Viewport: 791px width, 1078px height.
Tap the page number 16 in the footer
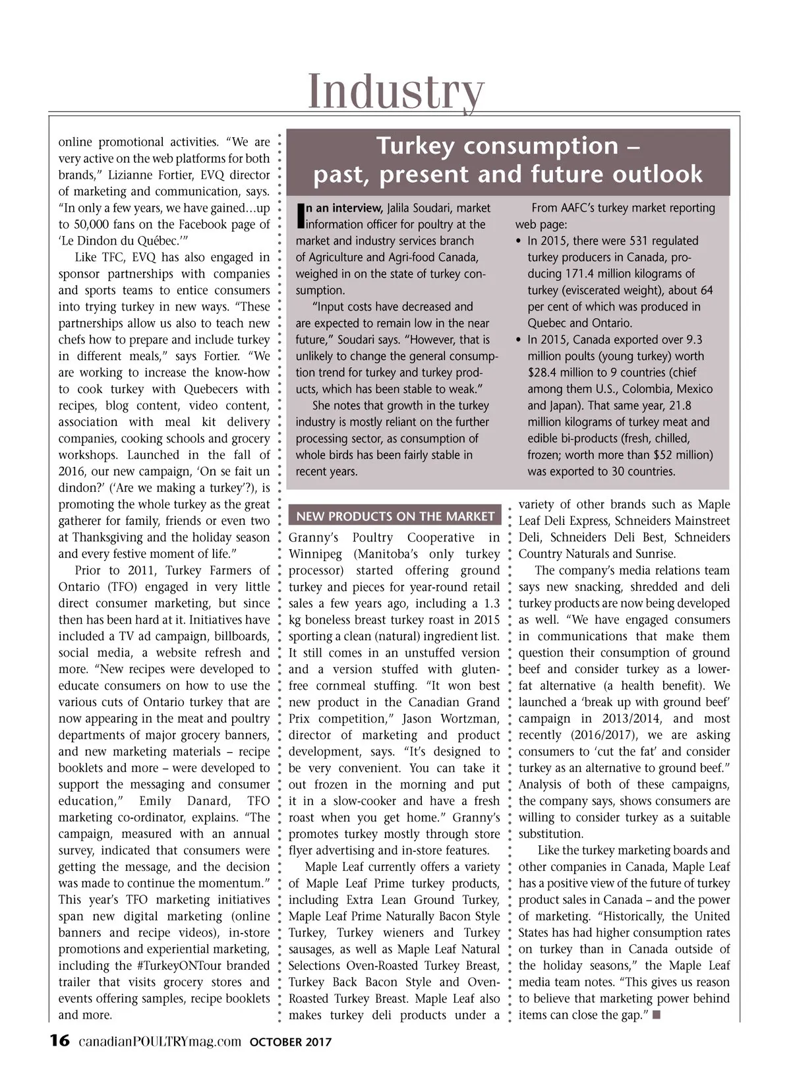click(59, 1041)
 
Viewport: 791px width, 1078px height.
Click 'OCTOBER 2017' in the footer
click(290, 1042)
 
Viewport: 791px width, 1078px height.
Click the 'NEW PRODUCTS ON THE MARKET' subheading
click(395, 516)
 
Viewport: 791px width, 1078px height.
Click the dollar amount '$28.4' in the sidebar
click(544, 373)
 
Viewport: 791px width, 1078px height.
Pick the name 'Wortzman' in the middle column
click(469, 719)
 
